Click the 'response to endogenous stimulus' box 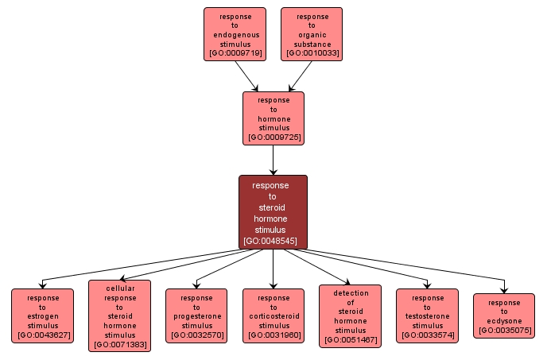[235, 34]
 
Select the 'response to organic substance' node [312, 34]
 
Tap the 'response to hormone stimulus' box [273, 118]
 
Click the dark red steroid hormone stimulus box [273, 212]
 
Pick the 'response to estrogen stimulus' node [42, 316]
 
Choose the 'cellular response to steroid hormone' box [119, 315]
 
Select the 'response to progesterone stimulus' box [196, 315]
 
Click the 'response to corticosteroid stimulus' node [273, 315]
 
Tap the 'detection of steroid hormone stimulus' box [350, 315]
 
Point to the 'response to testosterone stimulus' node [427, 315]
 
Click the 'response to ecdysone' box [504, 315]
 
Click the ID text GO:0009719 [235, 53]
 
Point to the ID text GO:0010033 [312, 53]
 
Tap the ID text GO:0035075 [504, 330]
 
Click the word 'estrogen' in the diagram [42, 316]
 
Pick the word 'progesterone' [196, 316]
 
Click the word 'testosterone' [427, 316]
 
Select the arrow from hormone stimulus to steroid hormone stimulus [273, 161]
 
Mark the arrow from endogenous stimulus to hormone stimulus [246, 76]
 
